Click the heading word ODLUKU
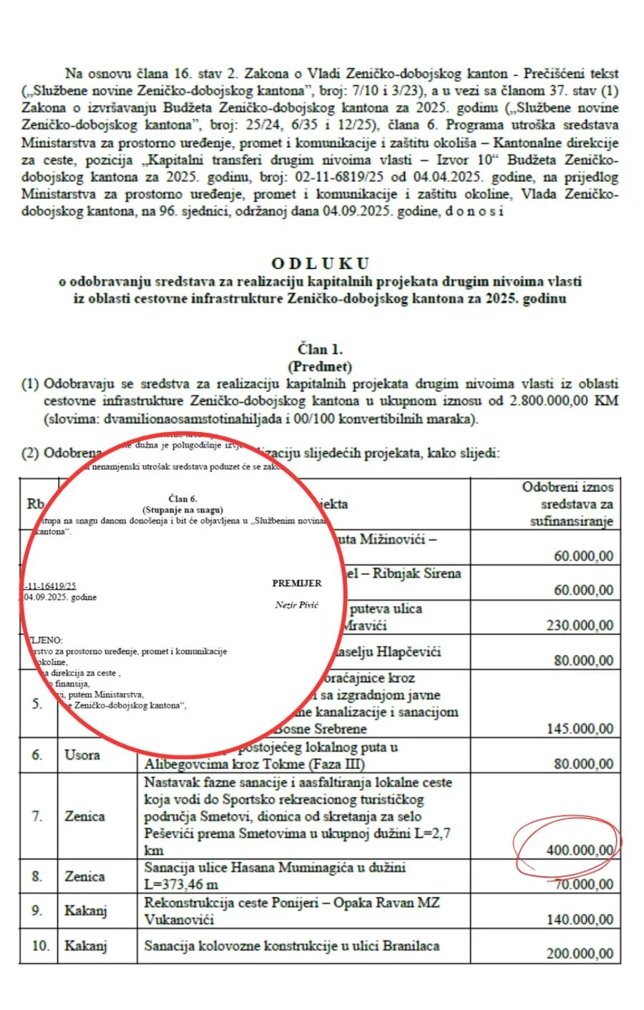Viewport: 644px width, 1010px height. click(x=320, y=263)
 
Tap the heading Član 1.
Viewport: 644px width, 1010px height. click(x=320, y=350)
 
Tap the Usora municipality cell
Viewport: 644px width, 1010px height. click(x=82, y=755)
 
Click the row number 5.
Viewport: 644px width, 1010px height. click(x=37, y=703)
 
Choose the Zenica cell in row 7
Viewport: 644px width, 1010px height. click(x=84, y=816)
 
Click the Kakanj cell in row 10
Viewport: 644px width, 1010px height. click(x=85, y=946)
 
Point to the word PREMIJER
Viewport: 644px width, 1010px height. click(x=296, y=583)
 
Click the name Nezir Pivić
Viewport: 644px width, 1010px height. click(x=296, y=605)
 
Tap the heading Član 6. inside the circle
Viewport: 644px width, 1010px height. click(x=182, y=499)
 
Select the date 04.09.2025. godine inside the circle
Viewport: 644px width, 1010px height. click(x=60, y=597)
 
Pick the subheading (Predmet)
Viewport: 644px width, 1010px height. click(x=320, y=367)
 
